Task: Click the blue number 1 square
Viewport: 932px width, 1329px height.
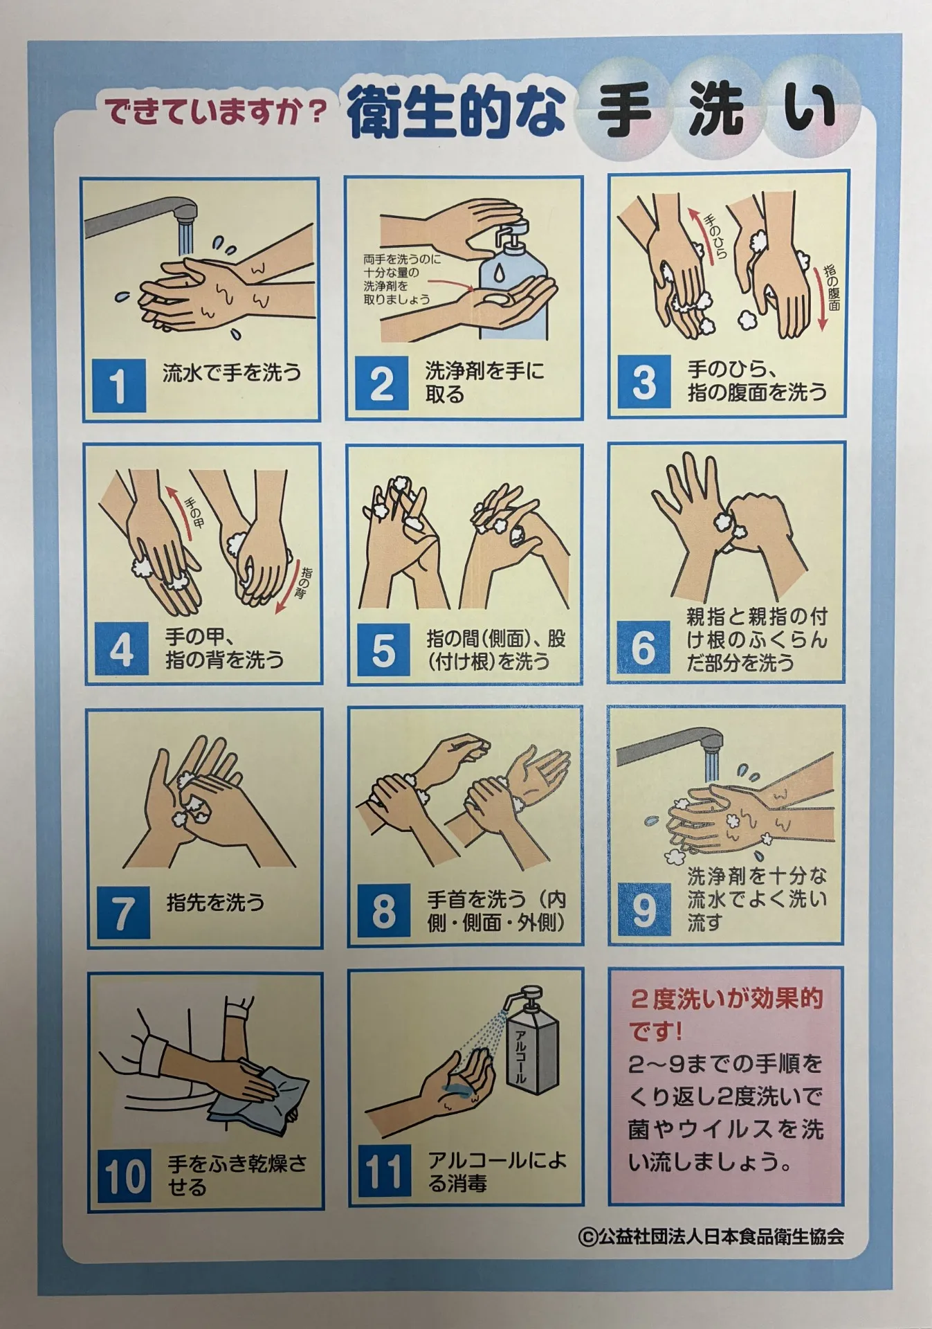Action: pyautogui.click(x=119, y=386)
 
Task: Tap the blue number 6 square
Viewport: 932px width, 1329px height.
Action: pyautogui.click(x=643, y=648)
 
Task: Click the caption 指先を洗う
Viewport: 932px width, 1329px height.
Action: pyautogui.click(x=215, y=902)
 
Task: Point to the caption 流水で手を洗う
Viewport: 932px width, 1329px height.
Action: pyautogui.click(x=232, y=373)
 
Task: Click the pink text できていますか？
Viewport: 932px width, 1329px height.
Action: pyautogui.click(x=215, y=111)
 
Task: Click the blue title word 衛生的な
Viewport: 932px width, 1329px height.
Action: pyautogui.click(x=457, y=111)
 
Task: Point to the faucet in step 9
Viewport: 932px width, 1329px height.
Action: pyautogui.click(x=668, y=748)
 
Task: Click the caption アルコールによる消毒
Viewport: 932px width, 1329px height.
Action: pyautogui.click(x=496, y=1171)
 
